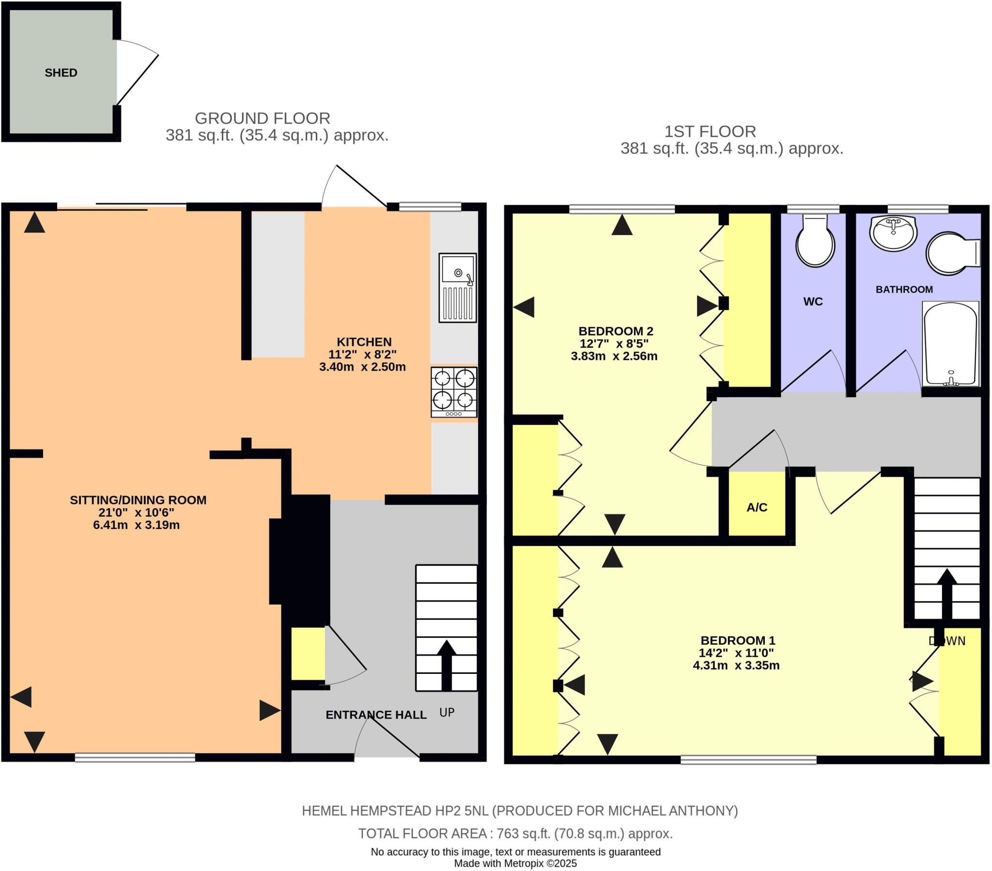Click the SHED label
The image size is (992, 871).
pyautogui.click(x=61, y=73)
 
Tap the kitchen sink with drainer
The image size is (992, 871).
pyautogui.click(x=457, y=287)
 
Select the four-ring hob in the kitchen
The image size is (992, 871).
pyautogui.click(x=454, y=392)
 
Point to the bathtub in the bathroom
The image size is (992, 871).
pyautogui.click(x=950, y=344)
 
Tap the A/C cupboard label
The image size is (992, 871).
pyautogui.click(x=757, y=507)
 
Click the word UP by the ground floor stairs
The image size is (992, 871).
pyautogui.click(x=447, y=712)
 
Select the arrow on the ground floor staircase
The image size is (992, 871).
pyautogui.click(x=447, y=665)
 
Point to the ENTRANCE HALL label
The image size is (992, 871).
pyautogui.click(x=376, y=715)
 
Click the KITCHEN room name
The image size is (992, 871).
pyautogui.click(x=364, y=342)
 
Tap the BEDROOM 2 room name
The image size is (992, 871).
pyautogui.click(x=616, y=331)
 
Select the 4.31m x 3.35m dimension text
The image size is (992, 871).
pyautogui.click(x=736, y=665)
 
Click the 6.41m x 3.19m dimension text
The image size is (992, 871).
pyautogui.click(x=137, y=525)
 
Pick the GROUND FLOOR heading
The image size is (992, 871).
pyautogui.click(x=263, y=118)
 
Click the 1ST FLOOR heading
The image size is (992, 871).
pyautogui.click(x=710, y=132)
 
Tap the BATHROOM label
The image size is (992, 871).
pyautogui.click(x=904, y=289)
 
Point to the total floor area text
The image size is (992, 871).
pyautogui.click(x=515, y=834)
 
